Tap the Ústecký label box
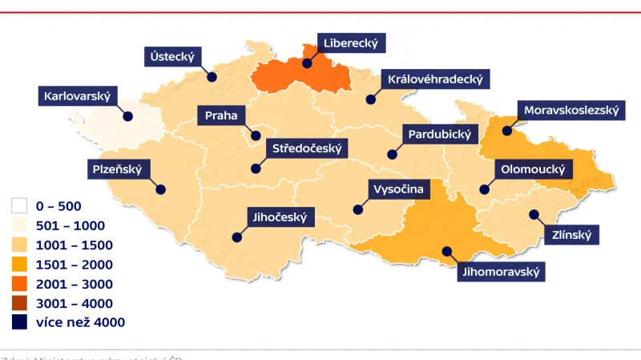coord(173,56)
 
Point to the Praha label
coord(221,115)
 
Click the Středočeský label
coord(307,148)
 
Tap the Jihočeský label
coord(280,216)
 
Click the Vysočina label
coord(397,190)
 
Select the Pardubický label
coord(440,134)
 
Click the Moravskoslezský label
coord(570,111)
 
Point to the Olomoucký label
coord(533,170)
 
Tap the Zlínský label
coord(571,236)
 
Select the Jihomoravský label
coord(502,272)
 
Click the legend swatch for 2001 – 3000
coord(20,284)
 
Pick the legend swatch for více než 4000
coord(20,322)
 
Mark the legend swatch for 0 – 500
coord(20,206)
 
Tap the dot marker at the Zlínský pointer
coord(533,214)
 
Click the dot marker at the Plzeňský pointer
coord(160,190)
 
